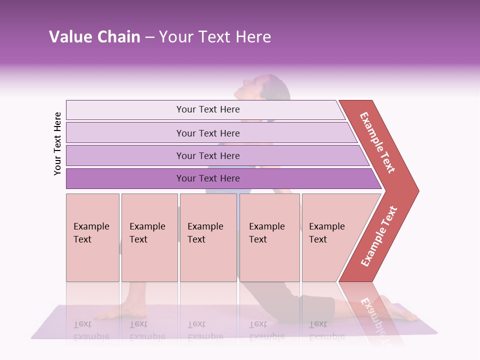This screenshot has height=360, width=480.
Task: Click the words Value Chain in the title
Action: tap(94, 36)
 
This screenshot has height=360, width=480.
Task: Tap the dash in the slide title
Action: tap(149, 37)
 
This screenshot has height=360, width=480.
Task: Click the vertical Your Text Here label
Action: tap(57, 143)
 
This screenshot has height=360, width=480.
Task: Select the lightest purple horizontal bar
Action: tap(207, 109)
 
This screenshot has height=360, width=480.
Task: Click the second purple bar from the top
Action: tap(207, 133)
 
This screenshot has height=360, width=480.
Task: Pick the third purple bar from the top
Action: tap(207, 155)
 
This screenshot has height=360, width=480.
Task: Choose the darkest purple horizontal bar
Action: tap(207, 178)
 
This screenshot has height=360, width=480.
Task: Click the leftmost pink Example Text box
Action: tap(92, 237)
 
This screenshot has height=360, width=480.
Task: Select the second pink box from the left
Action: tap(149, 237)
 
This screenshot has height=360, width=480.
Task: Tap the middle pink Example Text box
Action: tap(208, 237)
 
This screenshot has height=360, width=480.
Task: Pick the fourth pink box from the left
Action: tap(269, 237)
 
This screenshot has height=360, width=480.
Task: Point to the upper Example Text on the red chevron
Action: tap(377, 142)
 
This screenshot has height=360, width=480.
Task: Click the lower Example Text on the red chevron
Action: tap(379, 236)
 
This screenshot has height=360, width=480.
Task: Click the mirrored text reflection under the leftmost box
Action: tap(91, 330)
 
